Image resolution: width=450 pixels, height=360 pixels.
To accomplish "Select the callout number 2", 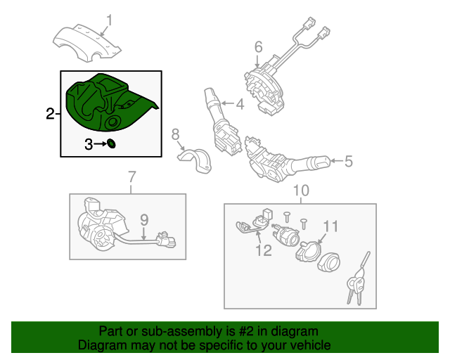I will pos(50,114).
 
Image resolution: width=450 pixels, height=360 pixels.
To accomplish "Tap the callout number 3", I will pos(89,145).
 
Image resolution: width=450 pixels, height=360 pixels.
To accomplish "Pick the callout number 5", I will pos(348,162).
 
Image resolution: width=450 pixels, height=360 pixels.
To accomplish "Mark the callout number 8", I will pos(176,133).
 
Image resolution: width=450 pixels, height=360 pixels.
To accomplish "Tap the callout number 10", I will pos(300,190).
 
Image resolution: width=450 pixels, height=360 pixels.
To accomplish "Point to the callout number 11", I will pos(330,226).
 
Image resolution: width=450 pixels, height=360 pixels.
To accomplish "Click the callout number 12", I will pos(263,251).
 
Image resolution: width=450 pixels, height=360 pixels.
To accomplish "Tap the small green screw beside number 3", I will pos(110,145).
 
